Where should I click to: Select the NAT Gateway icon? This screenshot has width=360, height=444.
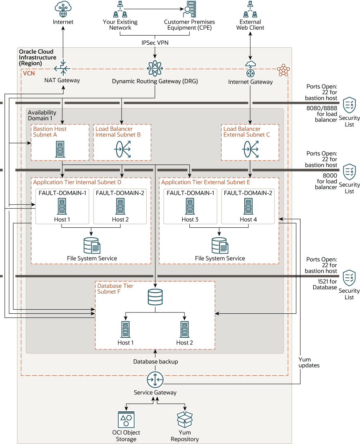tap(63, 68)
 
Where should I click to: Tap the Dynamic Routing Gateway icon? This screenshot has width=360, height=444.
tap(155, 68)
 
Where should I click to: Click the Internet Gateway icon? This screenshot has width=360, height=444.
tap(250, 69)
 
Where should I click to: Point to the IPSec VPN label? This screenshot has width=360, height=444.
tap(155, 42)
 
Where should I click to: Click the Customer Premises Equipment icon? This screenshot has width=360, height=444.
tap(190, 10)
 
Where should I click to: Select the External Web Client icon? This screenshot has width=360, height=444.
tap(250, 9)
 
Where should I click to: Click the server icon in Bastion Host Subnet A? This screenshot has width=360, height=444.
tap(60, 149)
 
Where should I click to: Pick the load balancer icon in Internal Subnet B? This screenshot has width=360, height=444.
tap(122, 149)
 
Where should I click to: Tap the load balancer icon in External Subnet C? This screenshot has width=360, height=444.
tap(250, 149)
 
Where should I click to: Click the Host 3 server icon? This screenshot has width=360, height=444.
tap(190, 206)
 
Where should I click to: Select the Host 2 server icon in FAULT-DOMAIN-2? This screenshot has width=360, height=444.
tap(120, 206)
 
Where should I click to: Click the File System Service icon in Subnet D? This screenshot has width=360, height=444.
tap(92, 246)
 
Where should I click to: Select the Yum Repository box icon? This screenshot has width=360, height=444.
tap(185, 420)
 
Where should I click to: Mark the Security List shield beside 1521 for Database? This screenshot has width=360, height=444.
tap(350, 277)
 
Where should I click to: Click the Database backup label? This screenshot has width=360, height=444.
tap(155, 362)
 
